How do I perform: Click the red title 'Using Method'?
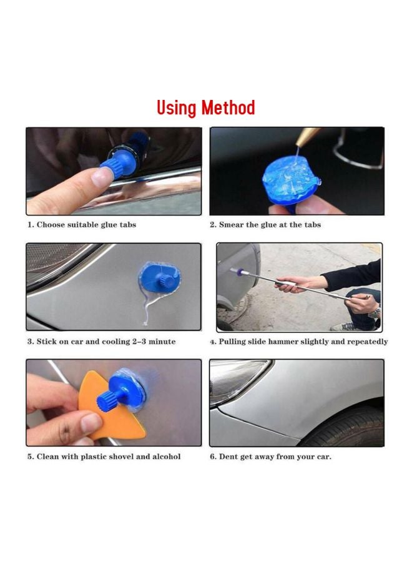click(205, 108)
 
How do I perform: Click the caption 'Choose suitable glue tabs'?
click(81, 225)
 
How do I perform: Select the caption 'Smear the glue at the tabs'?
click(265, 225)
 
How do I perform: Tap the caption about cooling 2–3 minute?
click(101, 342)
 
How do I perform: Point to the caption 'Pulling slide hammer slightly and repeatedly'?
click(298, 342)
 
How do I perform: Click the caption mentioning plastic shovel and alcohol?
click(104, 456)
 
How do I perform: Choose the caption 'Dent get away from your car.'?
click(270, 456)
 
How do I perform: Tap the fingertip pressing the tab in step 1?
click(99, 175)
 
